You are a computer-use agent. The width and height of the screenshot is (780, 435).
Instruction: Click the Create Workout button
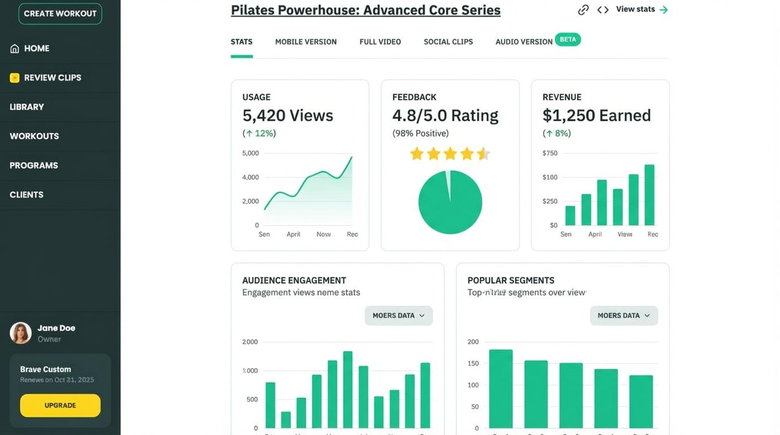[60, 14]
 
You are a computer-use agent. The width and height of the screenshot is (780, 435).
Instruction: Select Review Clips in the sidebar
[52, 78]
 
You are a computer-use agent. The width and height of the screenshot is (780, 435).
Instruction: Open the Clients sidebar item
[27, 194]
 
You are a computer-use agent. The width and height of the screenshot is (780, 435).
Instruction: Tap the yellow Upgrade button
[60, 406]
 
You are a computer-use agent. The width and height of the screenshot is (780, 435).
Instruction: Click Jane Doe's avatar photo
[21, 333]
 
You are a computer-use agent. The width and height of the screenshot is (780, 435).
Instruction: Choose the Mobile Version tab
[306, 42]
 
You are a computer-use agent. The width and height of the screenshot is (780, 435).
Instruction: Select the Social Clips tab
[448, 42]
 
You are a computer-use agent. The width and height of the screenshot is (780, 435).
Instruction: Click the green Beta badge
[567, 40]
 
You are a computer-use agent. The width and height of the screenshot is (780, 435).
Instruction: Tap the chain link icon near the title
[583, 10]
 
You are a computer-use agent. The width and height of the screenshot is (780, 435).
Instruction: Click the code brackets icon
[603, 10]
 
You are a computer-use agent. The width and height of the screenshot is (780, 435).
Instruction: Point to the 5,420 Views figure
[287, 116]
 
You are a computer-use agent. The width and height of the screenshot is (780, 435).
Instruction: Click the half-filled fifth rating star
[483, 153]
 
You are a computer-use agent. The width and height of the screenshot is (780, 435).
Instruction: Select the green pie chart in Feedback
[450, 202]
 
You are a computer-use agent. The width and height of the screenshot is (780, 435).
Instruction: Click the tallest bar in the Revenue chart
[650, 195]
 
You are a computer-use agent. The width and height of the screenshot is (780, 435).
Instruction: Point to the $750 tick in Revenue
[549, 153]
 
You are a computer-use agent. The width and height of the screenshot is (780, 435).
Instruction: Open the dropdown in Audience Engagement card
[399, 315]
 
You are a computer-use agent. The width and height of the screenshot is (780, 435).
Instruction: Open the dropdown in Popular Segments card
[624, 315]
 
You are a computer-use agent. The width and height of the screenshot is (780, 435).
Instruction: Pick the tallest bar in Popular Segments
[501, 389]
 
